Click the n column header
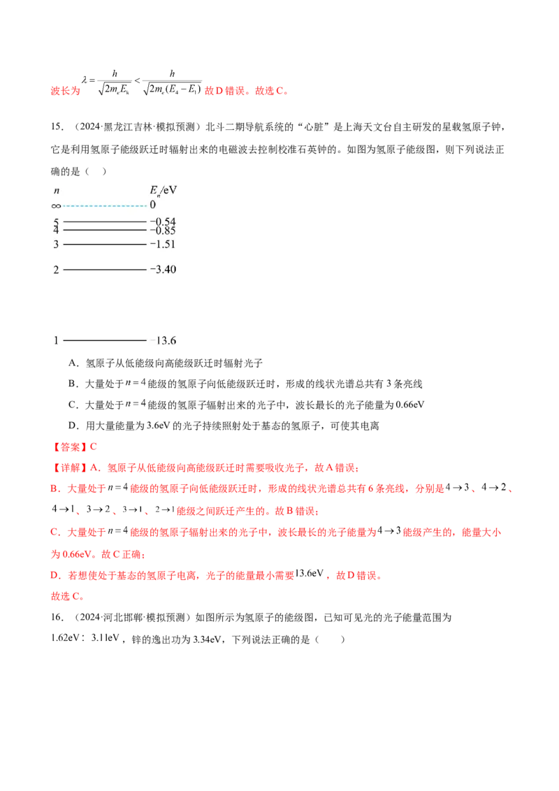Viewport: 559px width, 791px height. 57,190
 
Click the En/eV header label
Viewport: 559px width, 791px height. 164,190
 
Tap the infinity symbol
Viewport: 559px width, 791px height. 57,206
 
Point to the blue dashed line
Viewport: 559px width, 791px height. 105,206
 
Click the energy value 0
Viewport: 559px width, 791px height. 152,206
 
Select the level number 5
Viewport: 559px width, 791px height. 57,222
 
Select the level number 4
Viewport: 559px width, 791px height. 57,230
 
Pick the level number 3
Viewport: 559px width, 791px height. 57,245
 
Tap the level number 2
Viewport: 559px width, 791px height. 57,270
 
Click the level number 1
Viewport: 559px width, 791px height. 57,340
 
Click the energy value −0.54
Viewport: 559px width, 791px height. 162,222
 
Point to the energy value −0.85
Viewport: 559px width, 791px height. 162,231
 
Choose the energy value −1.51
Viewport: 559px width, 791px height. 162,245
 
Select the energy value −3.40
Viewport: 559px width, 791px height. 162,270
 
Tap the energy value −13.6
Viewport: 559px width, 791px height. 163,341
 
